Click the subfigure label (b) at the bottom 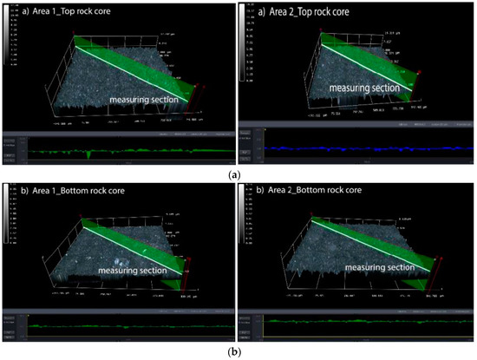[x=238, y=351]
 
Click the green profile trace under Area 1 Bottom [x=130, y=326]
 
